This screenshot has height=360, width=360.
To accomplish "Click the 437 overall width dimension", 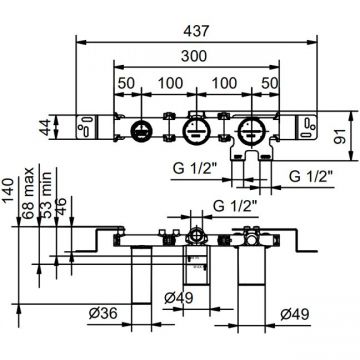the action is (x=197, y=31).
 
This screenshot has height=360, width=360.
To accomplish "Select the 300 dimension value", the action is (x=194, y=56).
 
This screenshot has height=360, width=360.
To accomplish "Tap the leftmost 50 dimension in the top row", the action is (x=126, y=83).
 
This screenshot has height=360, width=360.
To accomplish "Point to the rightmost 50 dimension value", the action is (x=269, y=83).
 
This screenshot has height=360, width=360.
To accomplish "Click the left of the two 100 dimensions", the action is (x=170, y=83).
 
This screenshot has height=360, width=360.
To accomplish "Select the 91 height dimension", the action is (x=339, y=136).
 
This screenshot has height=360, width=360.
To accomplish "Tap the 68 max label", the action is (x=28, y=193).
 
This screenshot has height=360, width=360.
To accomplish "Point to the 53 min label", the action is (x=46, y=195).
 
